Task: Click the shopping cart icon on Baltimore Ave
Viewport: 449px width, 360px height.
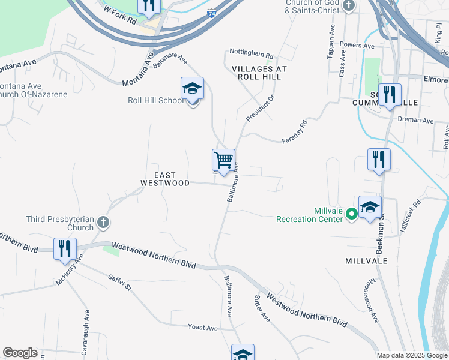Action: (x=223, y=160)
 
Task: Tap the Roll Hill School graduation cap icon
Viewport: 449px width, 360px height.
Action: (x=192, y=89)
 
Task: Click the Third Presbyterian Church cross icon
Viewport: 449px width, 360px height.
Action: (x=103, y=223)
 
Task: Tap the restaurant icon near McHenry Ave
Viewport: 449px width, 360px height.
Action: (x=65, y=248)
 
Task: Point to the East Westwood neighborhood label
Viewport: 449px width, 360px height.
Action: (x=165, y=179)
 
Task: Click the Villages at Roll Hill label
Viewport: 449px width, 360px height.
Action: (x=259, y=73)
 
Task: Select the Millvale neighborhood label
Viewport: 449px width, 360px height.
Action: (x=366, y=261)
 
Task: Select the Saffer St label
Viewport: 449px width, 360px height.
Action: (x=120, y=283)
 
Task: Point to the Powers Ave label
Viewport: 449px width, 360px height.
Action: (x=357, y=45)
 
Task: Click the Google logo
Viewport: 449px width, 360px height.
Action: (x=20, y=353)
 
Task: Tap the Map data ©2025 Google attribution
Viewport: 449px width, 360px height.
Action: (x=411, y=355)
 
